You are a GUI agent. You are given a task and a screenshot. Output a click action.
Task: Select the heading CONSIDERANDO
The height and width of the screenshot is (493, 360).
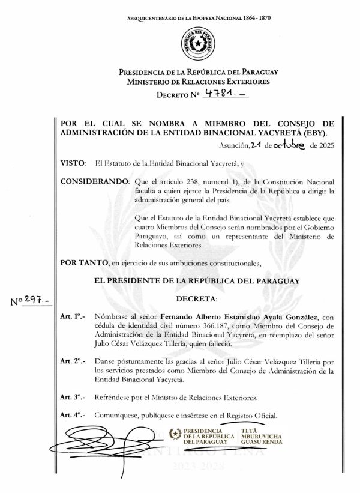[94, 181]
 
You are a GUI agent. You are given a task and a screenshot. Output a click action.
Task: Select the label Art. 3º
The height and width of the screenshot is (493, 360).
[73, 398]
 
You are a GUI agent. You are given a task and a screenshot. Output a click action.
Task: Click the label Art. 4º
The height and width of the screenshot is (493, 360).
[73, 415]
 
